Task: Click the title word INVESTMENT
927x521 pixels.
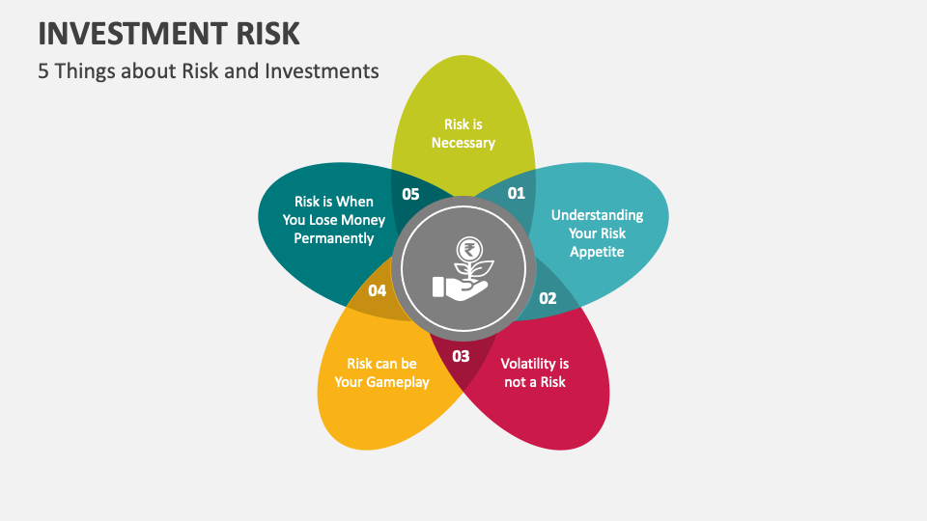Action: point(132,33)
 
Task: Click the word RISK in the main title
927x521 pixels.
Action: point(267,33)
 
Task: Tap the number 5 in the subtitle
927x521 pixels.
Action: point(43,70)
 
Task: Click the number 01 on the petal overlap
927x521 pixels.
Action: point(516,193)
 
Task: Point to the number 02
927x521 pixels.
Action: point(548,298)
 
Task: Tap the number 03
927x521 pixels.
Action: point(461,356)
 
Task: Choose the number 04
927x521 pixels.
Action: point(378,290)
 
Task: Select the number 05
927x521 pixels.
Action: point(410,194)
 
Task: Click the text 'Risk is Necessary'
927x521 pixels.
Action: point(463,133)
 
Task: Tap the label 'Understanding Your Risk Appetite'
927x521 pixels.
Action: point(597,233)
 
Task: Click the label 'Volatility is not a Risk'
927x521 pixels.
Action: point(534,372)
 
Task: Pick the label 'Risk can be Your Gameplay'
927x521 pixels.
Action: point(381,372)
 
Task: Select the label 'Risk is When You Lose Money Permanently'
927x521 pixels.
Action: point(334,220)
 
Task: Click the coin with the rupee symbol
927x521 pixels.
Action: point(471,247)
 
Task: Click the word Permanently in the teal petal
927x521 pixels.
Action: point(334,238)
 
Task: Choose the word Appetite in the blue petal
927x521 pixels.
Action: point(597,252)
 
